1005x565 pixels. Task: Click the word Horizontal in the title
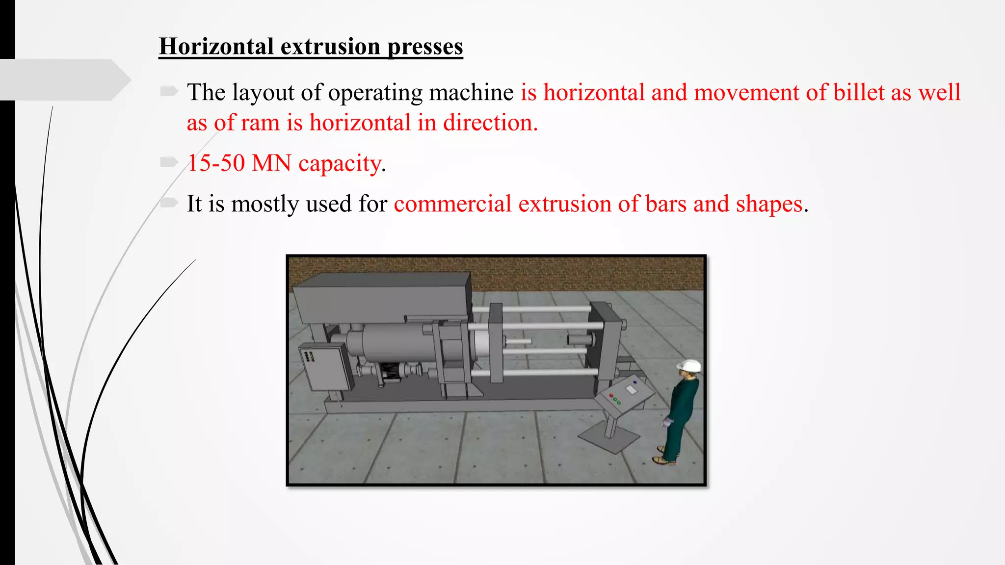216,47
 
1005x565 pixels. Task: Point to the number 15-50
216,163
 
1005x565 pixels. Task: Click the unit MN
271,163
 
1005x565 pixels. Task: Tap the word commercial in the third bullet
452,204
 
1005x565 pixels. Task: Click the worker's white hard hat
689,366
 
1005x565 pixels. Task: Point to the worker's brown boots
663,460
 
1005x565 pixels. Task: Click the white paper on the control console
631,389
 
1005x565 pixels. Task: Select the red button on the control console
611,395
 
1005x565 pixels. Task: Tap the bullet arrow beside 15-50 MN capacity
169,162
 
